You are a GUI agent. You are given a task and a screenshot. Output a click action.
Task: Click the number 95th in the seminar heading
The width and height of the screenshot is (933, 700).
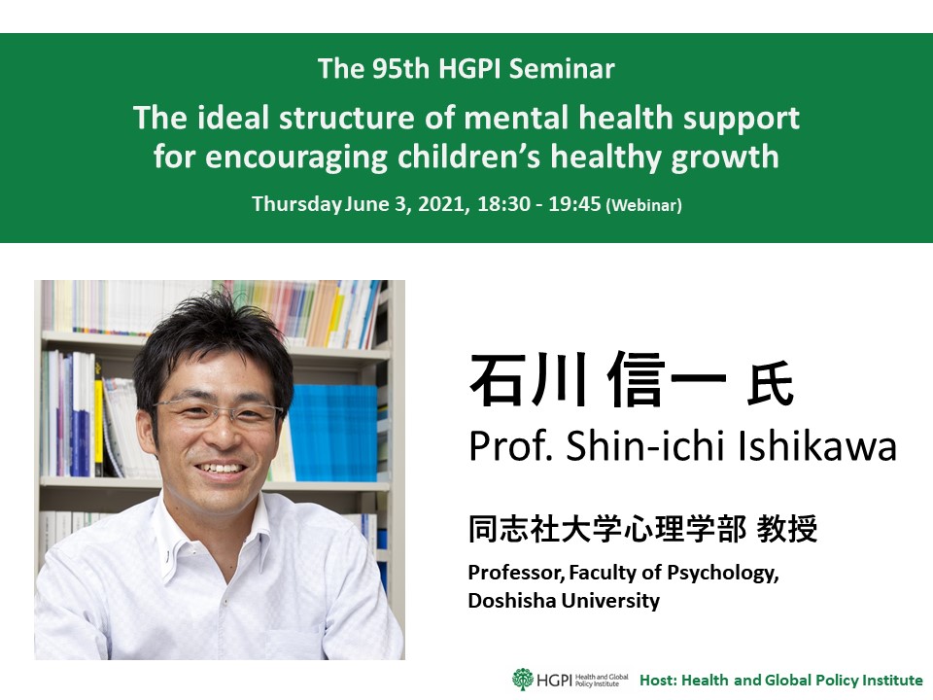[x=400, y=68]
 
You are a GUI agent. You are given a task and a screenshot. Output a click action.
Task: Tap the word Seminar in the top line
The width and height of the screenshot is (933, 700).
[x=562, y=68]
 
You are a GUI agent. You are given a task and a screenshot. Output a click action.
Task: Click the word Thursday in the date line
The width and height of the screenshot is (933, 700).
[x=297, y=204]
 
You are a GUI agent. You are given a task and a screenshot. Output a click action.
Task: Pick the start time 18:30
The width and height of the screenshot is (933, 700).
[x=503, y=203]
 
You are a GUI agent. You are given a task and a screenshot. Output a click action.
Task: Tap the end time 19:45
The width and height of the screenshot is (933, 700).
[x=574, y=203]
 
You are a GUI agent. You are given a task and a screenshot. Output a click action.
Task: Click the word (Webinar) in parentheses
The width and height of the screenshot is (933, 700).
[x=643, y=205]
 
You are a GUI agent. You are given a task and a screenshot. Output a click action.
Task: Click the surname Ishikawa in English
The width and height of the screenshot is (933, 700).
[x=817, y=445]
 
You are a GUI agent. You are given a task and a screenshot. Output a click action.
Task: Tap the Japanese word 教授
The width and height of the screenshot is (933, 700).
[x=787, y=529]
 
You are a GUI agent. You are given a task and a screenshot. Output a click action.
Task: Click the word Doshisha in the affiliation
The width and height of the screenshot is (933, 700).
[x=512, y=600]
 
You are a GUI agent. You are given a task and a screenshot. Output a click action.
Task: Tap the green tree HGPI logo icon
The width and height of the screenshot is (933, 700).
[x=523, y=680]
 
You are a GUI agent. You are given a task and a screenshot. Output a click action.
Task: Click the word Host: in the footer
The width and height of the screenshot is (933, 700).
[x=658, y=680]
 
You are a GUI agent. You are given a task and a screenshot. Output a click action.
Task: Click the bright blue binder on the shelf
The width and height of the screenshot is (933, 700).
[x=332, y=433]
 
